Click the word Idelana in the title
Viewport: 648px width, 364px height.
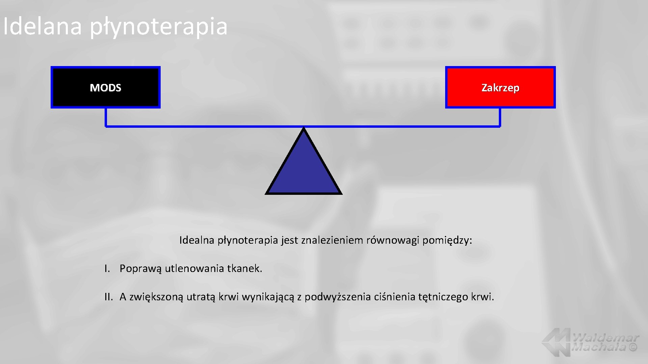(x=43, y=26)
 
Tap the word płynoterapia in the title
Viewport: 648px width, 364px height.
(x=159, y=27)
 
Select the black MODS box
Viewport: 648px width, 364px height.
(x=106, y=87)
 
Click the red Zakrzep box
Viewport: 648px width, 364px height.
(x=500, y=87)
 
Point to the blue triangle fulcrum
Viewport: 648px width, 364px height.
(x=304, y=169)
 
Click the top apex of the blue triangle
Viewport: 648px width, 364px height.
(x=304, y=130)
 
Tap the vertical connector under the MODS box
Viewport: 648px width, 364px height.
(x=106, y=117)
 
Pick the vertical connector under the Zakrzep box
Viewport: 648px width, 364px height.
(x=500, y=117)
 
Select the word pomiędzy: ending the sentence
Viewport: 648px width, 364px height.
(x=447, y=240)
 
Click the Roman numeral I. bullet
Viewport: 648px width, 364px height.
(x=107, y=269)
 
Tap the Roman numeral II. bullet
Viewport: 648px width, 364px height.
(x=108, y=297)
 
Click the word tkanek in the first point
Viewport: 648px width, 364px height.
(x=244, y=269)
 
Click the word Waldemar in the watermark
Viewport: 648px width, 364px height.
(x=605, y=337)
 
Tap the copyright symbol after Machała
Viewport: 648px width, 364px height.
(x=633, y=347)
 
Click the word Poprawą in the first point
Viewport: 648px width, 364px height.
(x=140, y=269)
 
